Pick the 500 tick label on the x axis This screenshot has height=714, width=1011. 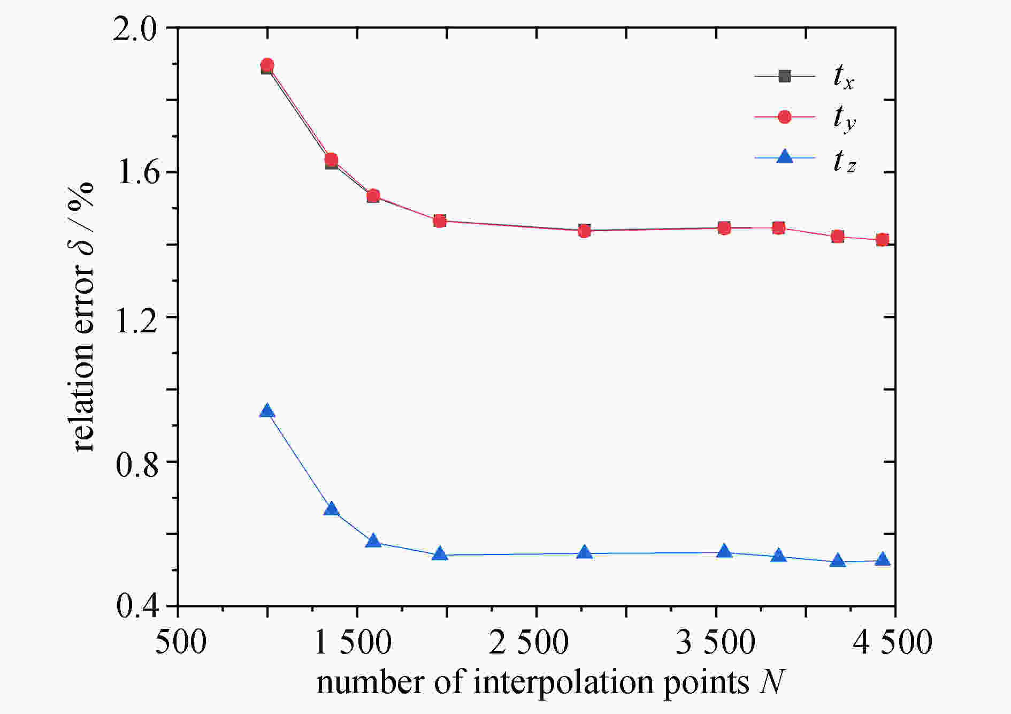pyautogui.click(x=180, y=642)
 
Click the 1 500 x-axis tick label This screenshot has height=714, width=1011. pyautogui.click(x=353, y=642)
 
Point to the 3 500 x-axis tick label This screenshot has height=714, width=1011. pyautogui.click(x=715, y=642)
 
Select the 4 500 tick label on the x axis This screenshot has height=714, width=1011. pyautogui.click(x=892, y=642)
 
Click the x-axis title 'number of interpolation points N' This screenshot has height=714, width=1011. pyautogui.click(x=550, y=683)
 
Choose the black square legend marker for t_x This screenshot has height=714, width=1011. pyautogui.click(x=784, y=76)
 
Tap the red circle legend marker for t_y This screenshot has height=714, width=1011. pyautogui.click(x=784, y=117)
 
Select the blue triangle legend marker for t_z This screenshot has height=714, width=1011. pyautogui.click(x=784, y=157)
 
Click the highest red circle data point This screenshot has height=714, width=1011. pyautogui.click(x=267, y=65)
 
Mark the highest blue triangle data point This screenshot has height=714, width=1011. pyautogui.click(x=267, y=411)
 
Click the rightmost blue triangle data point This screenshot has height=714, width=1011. pyautogui.click(x=883, y=560)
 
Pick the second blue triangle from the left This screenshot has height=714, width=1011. pyautogui.click(x=332, y=509)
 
